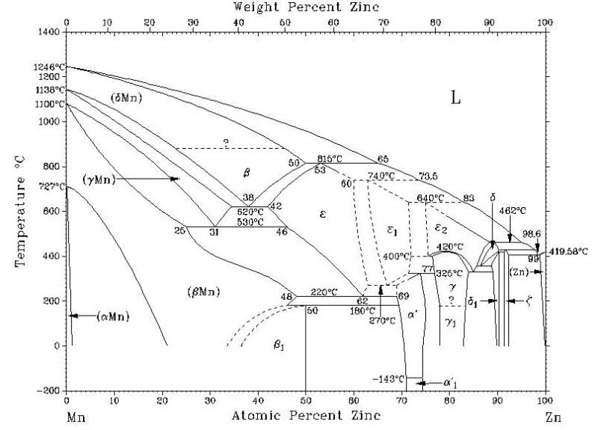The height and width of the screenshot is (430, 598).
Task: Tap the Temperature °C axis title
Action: pyautogui.click(x=20, y=213)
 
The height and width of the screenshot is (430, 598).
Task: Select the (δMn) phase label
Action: pyautogui.click(x=126, y=98)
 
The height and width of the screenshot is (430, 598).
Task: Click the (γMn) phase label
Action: pyautogui.click(x=99, y=179)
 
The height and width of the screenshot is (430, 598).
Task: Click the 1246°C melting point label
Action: pyautogui.click(x=49, y=67)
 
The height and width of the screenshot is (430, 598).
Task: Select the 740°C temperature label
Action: pyautogui.click(x=380, y=176)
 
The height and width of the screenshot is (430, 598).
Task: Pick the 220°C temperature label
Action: pyautogui.click(x=324, y=292)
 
